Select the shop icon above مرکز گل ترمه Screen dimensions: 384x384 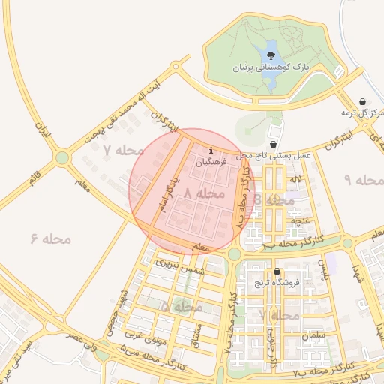coord(363,101)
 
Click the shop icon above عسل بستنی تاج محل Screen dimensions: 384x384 coord(273,144)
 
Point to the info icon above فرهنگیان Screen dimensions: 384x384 coord(211,151)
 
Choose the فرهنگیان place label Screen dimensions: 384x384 coord(211,162)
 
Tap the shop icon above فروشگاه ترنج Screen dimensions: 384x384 coord(277,271)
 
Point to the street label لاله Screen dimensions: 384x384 coord(297,180)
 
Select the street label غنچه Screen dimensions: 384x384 coord(300,221)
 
